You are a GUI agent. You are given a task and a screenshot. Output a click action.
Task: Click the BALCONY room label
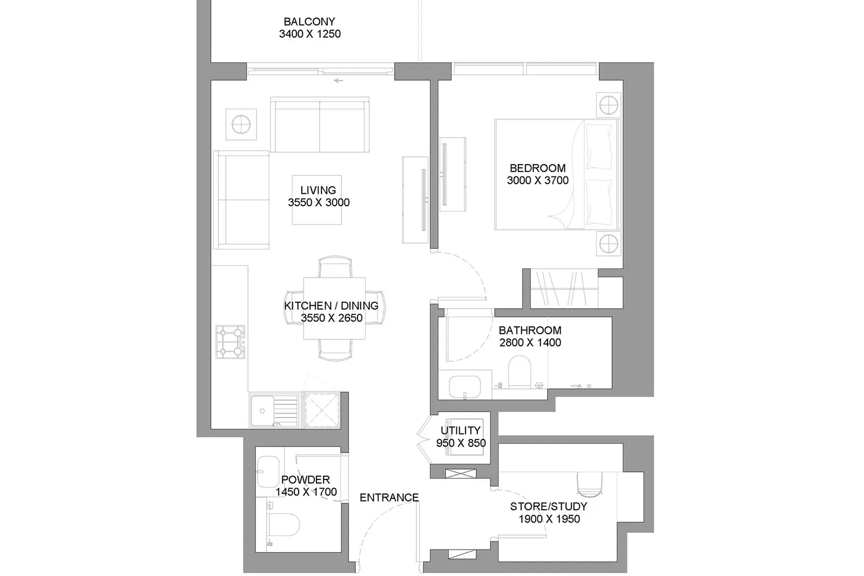point(309,22)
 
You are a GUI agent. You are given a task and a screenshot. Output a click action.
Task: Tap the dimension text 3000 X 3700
point(538,180)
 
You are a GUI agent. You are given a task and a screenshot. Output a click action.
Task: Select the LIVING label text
point(318,190)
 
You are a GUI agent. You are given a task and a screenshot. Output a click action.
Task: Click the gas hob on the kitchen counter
point(230,342)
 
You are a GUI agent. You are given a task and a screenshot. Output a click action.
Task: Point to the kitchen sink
point(274,410)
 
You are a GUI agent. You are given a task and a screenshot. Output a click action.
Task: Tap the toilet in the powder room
point(283,524)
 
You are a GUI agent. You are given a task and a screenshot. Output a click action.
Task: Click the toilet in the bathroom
point(519,372)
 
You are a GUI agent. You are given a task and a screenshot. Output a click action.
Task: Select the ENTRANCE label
point(389,498)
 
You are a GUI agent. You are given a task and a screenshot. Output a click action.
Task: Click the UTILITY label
point(461,431)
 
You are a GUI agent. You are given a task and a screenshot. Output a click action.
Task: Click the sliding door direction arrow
point(338,80)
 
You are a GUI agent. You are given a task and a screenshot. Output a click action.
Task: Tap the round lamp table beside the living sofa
point(241,125)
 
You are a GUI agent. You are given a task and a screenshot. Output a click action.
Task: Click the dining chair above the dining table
point(335,267)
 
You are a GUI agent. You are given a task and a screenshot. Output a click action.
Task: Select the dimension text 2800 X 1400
point(530,343)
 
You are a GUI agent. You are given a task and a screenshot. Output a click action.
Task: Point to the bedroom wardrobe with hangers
point(564,289)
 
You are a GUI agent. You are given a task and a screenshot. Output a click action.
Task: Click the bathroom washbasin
point(465,387)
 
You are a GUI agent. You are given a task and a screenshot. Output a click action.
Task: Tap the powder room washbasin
point(268,472)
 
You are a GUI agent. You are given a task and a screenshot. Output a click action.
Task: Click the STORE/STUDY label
point(549,506)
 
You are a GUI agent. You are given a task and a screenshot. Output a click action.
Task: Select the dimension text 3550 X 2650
point(332,318)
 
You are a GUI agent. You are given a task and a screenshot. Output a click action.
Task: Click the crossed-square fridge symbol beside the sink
point(322,410)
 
